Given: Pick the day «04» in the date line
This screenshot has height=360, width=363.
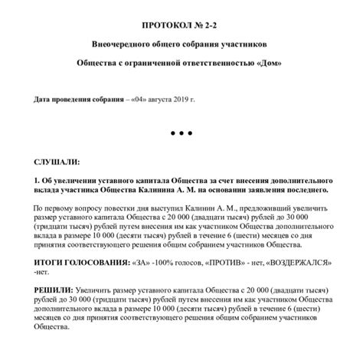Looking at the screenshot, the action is point(142,100).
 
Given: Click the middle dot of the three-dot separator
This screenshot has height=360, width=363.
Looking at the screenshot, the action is point(181,133).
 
